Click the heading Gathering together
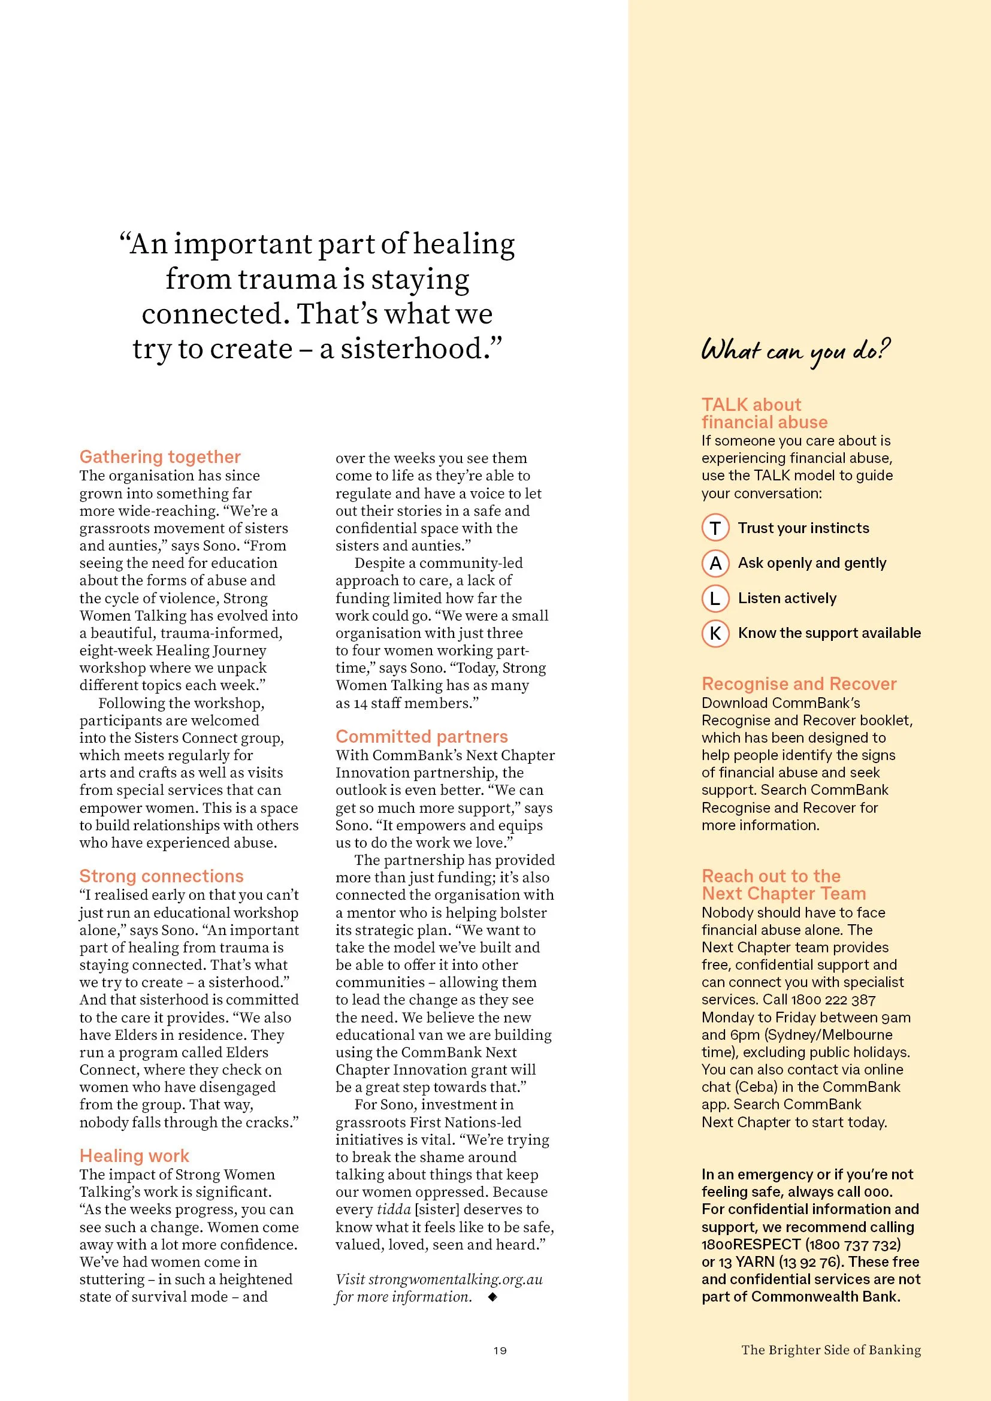tap(160, 456)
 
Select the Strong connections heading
tap(161, 876)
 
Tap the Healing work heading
tap(134, 1155)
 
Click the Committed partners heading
tap(422, 736)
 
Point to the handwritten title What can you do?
tap(795, 351)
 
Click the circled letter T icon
tap(715, 528)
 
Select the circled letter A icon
tap(715, 562)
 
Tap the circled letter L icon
tap(715, 598)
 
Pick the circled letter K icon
tap(715, 633)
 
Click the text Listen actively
tap(787, 598)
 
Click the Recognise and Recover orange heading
tap(799, 683)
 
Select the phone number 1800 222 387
tap(833, 1000)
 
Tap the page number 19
tap(500, 1350)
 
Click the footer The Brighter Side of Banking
tap(830, 1349)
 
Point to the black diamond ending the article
tap(493, 1297)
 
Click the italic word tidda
tap(394, 1209)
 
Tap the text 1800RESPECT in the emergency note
tap(751, 1244)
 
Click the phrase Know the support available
tap(829, 633)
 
